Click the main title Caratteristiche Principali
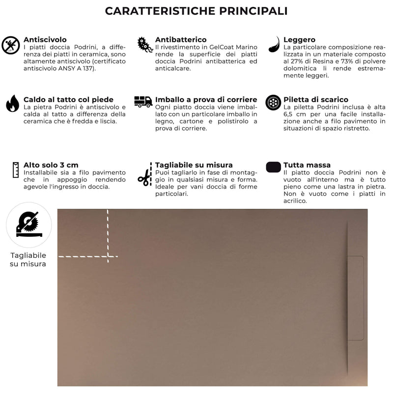pos(196,11)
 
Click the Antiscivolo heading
pos(45,39)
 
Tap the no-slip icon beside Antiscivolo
pos(11,45)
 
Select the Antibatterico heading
pos(180,39)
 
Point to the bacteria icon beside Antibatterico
pos(144,45)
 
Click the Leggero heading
pos(299,39)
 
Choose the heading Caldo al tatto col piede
pos(68,99)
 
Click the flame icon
pos(12,104)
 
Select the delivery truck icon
pos(143,101)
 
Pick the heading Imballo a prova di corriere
pos(206,99)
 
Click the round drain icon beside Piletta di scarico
pos(273,103)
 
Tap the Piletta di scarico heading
pos(316,99)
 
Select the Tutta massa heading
pos(307,165)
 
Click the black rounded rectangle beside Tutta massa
pos(273,167)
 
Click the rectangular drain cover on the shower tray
pos(354,298)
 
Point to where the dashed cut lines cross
pos(108,256)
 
